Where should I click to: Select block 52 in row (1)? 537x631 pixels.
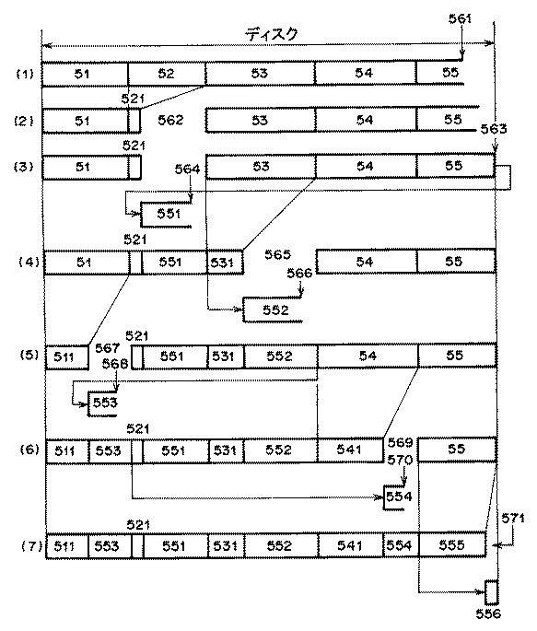coord(166,73)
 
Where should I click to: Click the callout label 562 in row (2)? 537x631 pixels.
coord(171,121)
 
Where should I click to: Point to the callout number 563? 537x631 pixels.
coord(494,130)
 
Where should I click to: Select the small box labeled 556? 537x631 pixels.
coord(491,591)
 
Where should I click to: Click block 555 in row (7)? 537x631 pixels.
coord(451,546)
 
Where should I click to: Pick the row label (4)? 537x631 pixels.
coord(27,263)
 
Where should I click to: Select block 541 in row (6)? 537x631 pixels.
coord(350,450)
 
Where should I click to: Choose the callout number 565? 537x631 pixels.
coord(278,253)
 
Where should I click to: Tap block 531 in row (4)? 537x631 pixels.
coord(224,263)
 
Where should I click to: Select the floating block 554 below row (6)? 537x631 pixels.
coord(399,497)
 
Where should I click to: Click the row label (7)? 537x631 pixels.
coord(27,546)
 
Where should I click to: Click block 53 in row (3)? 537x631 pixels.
coord(261,167)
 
